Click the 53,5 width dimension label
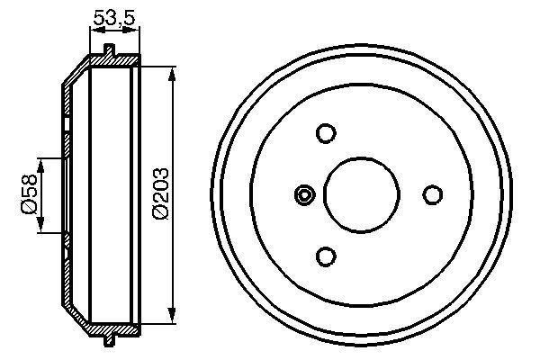pyautogui.click(x=114, y=15)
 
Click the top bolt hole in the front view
pyautogui.click(x=326, y=133)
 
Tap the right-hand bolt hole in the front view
pyautogui.click(x=433, y=194)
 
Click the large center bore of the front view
pyautogui.click(x=362, y=194)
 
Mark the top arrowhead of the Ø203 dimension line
pyautogui.click(x=170, y=71)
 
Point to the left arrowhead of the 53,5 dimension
pyautogui.click(x=93, y=29)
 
